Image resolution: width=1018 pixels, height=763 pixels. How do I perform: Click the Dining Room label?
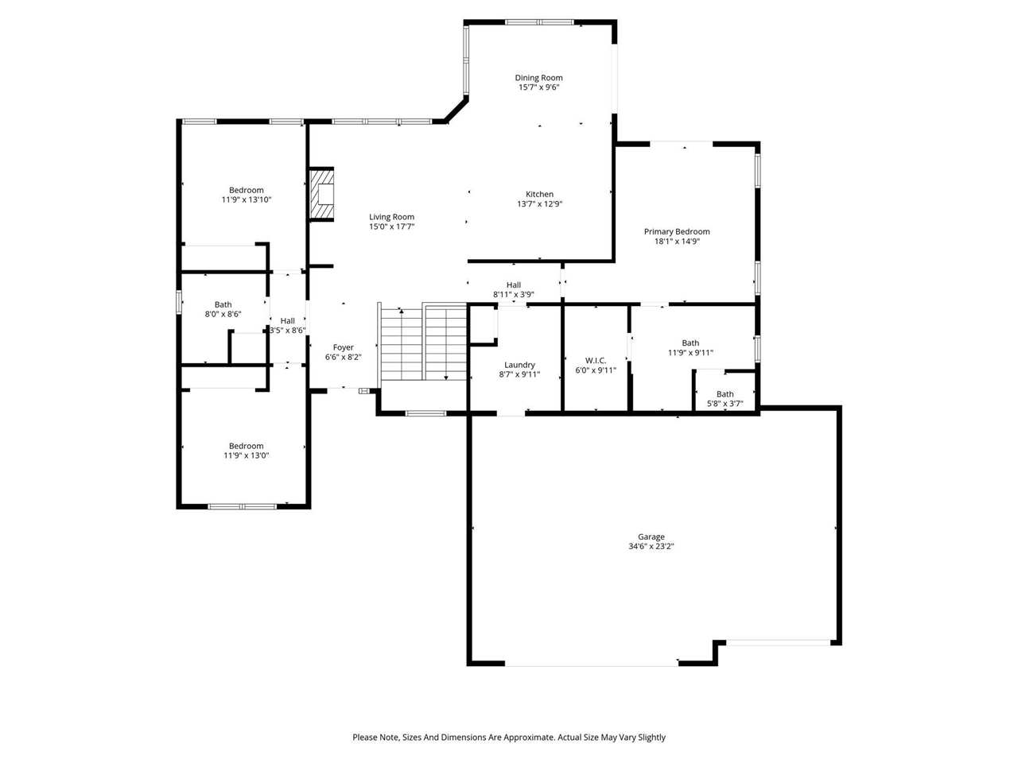[538, 78]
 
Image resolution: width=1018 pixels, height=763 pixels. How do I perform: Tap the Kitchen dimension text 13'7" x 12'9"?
[539, 204]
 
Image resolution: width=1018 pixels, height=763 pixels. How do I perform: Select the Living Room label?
[391, 217]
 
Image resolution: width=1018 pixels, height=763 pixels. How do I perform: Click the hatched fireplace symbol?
[322, 193]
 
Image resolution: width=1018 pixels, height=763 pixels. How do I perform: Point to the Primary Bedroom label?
[676, 232]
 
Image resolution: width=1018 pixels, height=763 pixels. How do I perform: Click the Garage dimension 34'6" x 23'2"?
[651, 547]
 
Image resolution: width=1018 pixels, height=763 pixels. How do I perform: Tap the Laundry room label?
[519, 365]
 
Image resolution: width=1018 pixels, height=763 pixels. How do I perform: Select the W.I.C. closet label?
[596, 360]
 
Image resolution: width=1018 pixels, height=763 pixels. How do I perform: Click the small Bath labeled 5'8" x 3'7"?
[725, 394]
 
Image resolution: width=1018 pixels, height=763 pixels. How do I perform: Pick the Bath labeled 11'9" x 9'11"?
[690, 343]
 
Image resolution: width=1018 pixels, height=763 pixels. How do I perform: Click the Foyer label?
[343, 347]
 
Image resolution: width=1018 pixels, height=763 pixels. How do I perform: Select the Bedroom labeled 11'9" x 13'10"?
[246, 190]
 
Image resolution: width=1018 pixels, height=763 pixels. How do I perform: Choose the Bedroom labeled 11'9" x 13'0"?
[246, 446]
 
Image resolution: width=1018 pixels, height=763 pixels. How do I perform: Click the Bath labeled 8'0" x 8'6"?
[223, 304]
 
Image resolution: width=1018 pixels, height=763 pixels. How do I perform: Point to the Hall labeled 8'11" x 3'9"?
[513, 285]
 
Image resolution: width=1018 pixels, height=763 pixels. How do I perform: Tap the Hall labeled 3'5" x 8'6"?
[287, 321]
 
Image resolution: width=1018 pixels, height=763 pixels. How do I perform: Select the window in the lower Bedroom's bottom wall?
[242, 505]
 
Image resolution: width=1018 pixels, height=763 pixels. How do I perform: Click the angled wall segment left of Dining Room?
[456, 110]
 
